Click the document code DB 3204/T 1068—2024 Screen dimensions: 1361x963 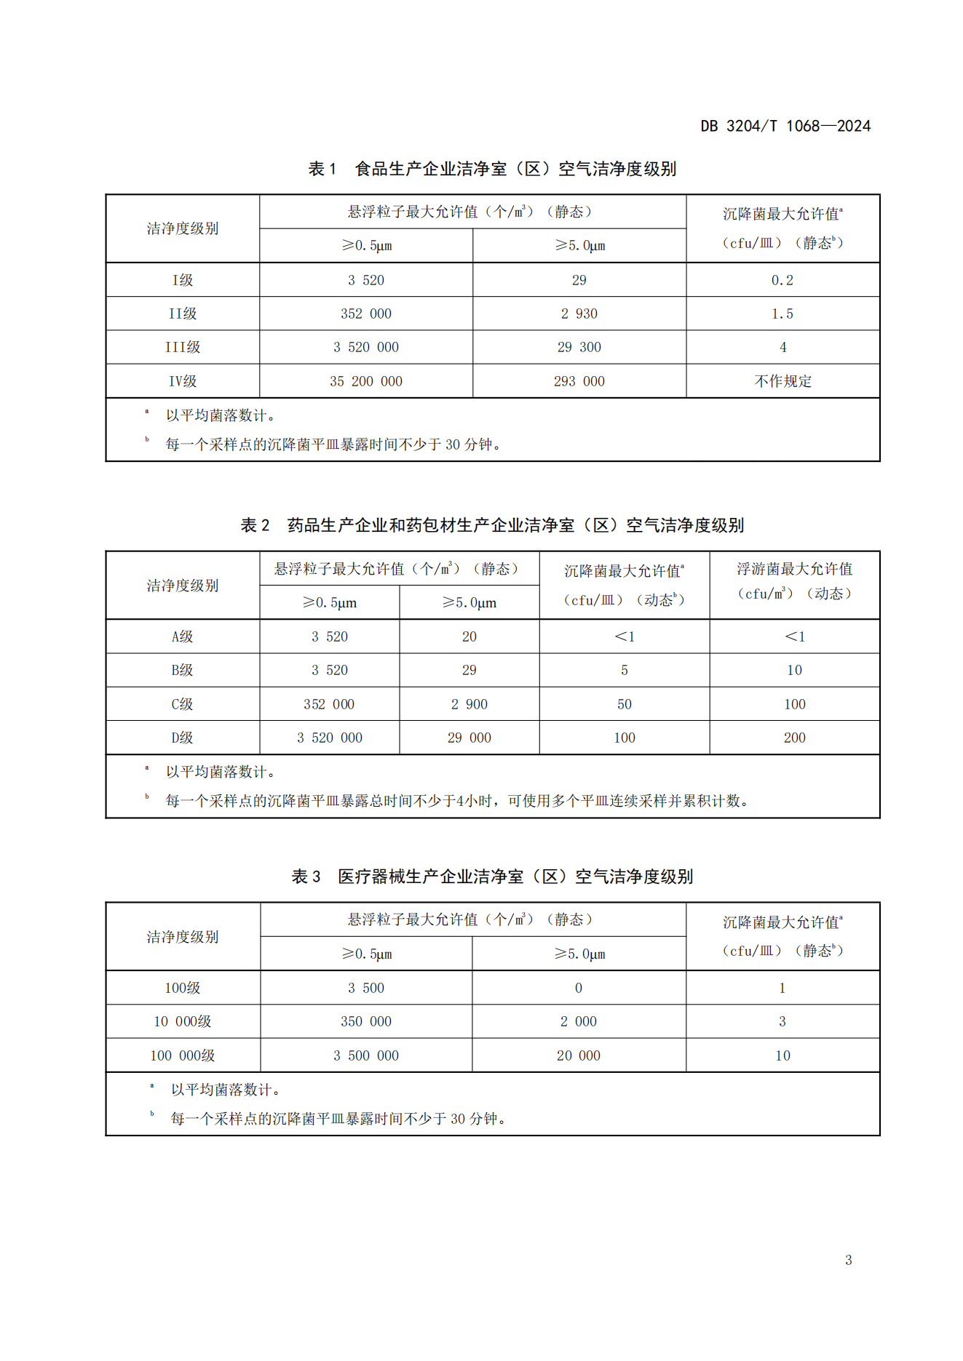pyautogui.click(x=785, y=126)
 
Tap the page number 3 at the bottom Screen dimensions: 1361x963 pyautogui.click(x=848, y=1260)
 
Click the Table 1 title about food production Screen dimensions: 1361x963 pyautogui.click(x=492, y=169)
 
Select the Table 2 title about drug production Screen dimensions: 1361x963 pyautogui.click(x=492, y=525)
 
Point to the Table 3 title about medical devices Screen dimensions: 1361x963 pyautogui.click(x=492, y=877)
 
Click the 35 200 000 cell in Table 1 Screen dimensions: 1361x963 pyautogui.click(x=365, y=381)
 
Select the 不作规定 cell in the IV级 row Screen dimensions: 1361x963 pyautogui.click(x=782, y=381)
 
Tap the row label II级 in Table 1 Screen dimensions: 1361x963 pyautogui.click(x=183, y=314)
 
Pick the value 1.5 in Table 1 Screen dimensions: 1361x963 pyautogui.click(x=782, y=314)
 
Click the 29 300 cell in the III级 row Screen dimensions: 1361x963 pyautogui.click(x=579, y=347)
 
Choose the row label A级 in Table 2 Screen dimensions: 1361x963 pyautogui.click(x=183, y=636)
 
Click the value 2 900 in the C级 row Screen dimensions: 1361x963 pyautogui.click(x=469, y=704)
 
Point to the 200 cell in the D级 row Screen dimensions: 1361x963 pyautogui.click(x=794, y=738)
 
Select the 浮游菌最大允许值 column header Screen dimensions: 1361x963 pyautogui.click(x=794, y=569)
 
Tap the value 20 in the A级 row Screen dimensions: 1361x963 pyautogui.click(x=469, y=636)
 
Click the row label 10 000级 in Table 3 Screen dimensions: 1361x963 pyautogui.click(x=183, y=1021)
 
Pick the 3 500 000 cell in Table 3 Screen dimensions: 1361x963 pyautogui.click(x=365, y=1055)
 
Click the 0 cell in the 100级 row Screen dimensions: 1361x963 pyautogui.click(x=579, y=988)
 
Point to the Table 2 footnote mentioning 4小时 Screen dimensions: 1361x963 pyautogui.click(x=456, y=801)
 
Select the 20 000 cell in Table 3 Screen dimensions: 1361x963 pyautogui.click(x=579, y=1055)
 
